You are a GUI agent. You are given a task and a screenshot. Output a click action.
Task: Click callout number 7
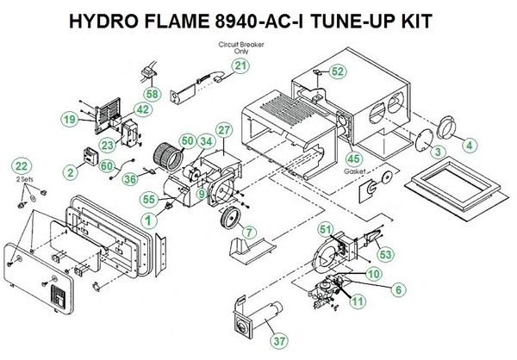click(248, 233)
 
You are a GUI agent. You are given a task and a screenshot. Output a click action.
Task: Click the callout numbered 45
click(352, 157)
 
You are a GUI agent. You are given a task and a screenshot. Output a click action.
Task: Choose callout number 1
click(150, 220)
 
